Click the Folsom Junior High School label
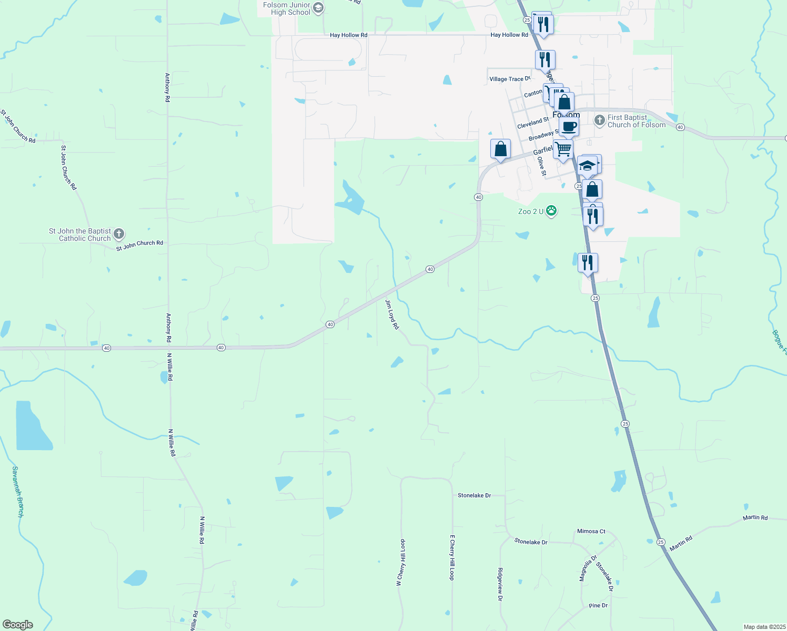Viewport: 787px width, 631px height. click(287, 8)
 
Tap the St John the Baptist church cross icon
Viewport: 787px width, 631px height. click(119, 234)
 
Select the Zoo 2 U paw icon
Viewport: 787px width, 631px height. click(551, 211)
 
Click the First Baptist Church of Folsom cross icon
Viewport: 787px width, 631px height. click(599, 121)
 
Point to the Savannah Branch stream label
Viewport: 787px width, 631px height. click(18, 491)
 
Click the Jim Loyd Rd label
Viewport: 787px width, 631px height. click(392, 314)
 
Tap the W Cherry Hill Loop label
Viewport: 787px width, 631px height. click(401, 562)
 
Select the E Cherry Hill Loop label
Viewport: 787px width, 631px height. click(451, 557)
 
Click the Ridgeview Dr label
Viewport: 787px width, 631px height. click(500, 584)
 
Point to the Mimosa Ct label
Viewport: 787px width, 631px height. click(591, 531)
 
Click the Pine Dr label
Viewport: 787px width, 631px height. click(598, 606)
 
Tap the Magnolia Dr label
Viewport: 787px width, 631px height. click(588, 568)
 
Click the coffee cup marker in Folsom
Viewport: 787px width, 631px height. click(569, 127)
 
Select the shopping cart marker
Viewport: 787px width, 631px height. click(563, 149)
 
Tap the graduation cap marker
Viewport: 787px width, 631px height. click(587, 166)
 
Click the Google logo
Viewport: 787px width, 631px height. click(17, 625)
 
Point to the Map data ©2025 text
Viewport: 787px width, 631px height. click(763, 627)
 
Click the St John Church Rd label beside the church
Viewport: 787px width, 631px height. click(139, 246)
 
